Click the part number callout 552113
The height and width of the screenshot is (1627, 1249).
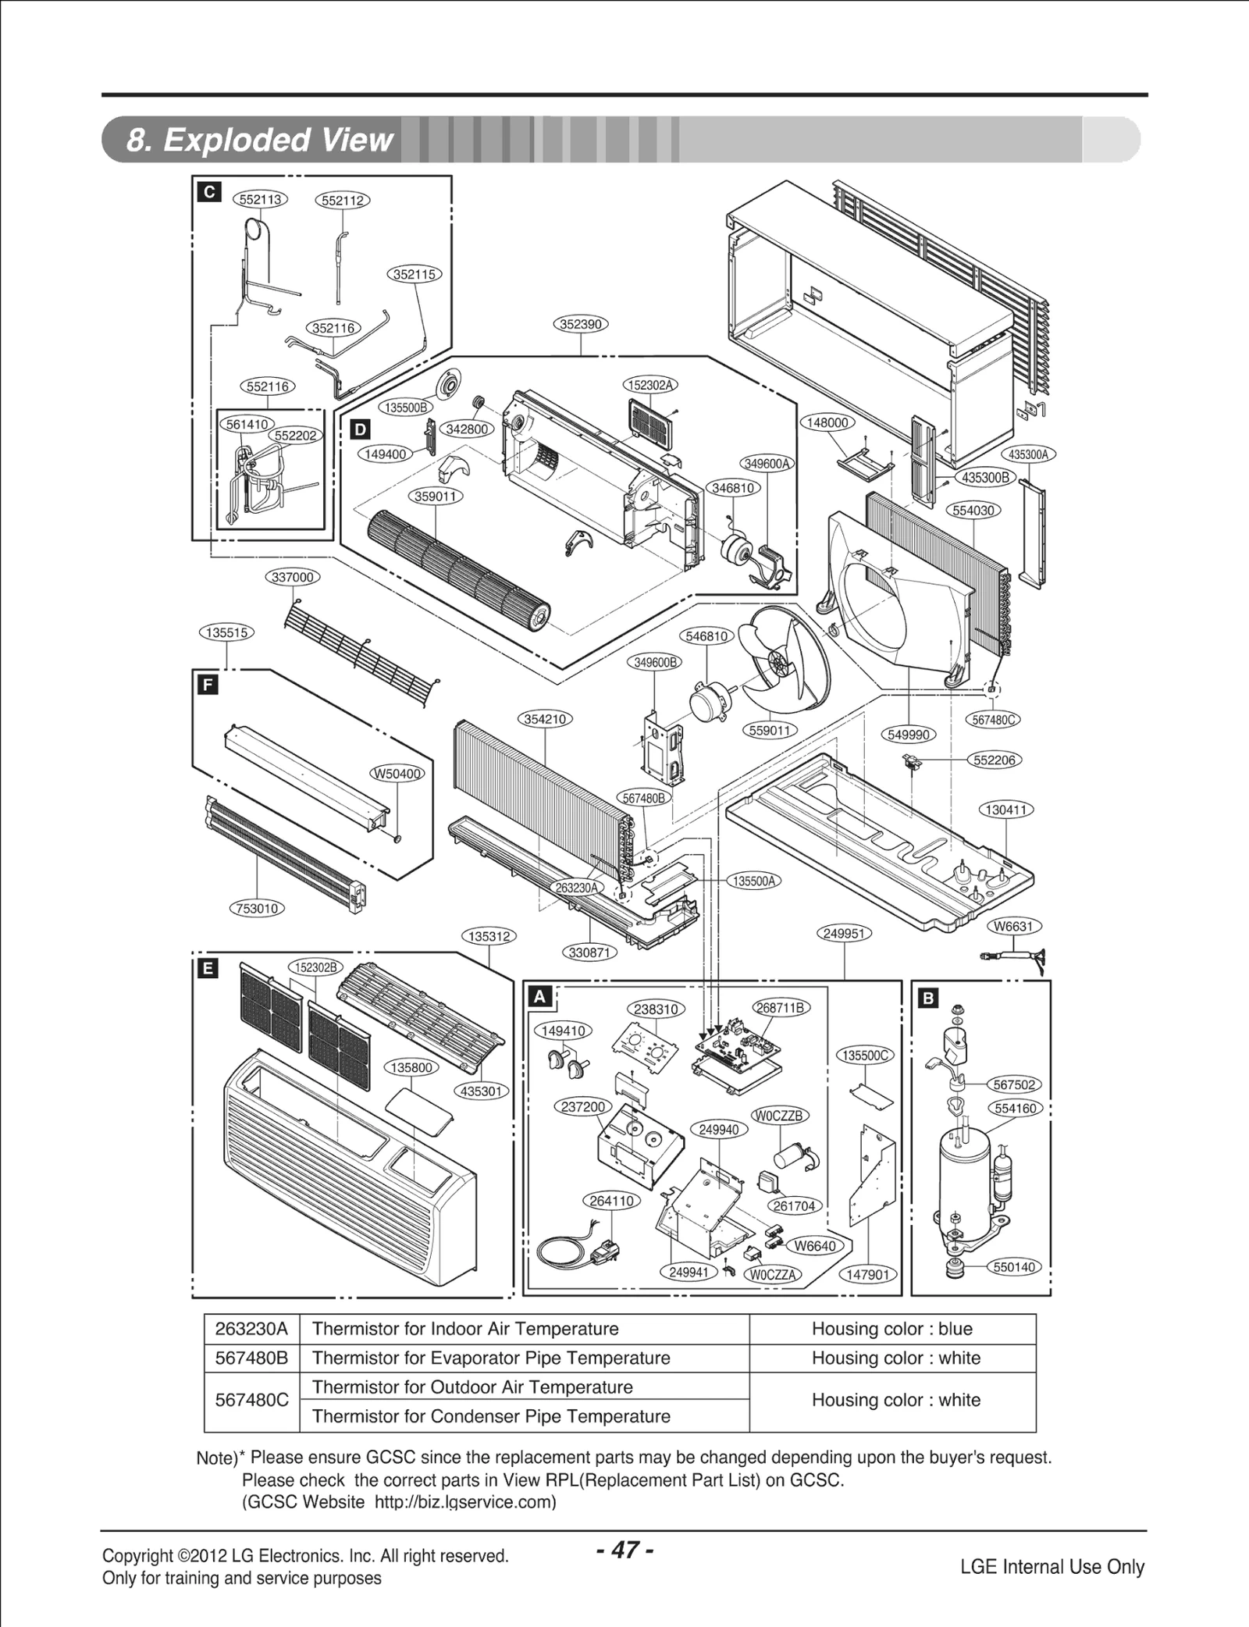pos(260,199)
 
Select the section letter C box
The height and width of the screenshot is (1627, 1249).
pos(209,192)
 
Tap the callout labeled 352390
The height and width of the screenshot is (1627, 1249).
pos(581,324)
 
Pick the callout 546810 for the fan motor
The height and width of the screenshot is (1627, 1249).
pos(706,635)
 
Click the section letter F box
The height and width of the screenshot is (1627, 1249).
pos(207,685)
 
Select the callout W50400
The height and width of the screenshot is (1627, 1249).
pos(397,774)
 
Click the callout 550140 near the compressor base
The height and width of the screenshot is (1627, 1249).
pos(1014,1266)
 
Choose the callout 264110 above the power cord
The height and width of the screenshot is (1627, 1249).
pos(611,1201)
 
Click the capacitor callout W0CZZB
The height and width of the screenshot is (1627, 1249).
pos(778,1116)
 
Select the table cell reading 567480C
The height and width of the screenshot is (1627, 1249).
pos(251,1400)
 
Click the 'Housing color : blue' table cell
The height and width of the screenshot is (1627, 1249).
pos(891,1329)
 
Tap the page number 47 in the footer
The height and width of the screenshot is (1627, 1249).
pos(624,1549)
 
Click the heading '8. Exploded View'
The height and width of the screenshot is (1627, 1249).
pos(260,140)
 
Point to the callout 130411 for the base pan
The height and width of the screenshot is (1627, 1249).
pos(1005,810)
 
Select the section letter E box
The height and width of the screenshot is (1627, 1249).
pos(208,969)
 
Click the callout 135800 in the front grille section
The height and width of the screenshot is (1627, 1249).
pos(411,1067)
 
